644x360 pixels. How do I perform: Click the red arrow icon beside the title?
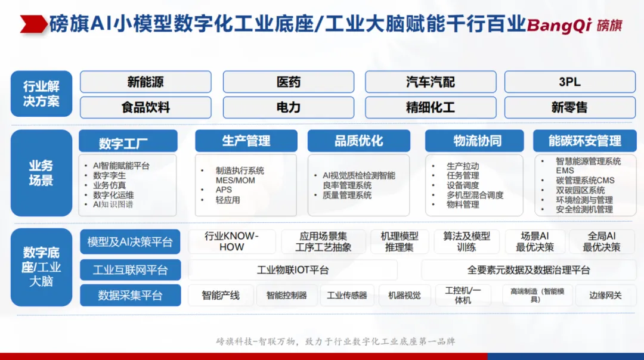[33, 24]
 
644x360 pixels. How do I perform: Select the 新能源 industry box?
[146, 82]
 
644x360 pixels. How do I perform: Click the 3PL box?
[569, 82]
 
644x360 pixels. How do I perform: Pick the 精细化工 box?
[431, 107]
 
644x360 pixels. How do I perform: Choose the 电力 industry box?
[289, 107]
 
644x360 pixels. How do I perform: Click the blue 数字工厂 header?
[128, 142]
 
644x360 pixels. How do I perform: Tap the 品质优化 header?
[358, 141]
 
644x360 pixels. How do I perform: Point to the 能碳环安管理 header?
[584, 141]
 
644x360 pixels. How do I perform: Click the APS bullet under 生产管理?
[224, 190]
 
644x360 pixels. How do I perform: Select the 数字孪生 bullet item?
[109, 175]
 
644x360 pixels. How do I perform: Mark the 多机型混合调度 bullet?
[475, 195]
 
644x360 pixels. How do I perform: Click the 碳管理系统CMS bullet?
[586, 180]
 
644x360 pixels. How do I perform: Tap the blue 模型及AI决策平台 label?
[130, 242]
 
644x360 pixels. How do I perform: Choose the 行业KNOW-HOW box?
[231, 241]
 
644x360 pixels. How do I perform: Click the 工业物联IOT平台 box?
[293, 269]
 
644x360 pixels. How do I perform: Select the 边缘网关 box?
[605, 295]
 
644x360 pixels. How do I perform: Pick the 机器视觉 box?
[404, 295]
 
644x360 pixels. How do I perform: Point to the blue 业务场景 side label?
[42, 173]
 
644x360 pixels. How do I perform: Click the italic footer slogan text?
[336, 341]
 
